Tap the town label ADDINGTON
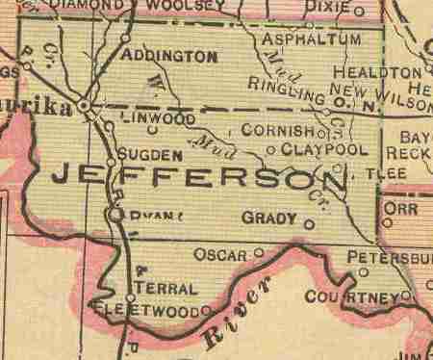tap(169, 57)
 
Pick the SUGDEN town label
tap(150, 154)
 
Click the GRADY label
tap(269, 219)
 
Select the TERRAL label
tap(166, 288)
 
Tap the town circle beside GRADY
tap(309, 224)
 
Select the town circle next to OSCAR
tap(258, 254)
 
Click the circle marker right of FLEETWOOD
tap(206, 311)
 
